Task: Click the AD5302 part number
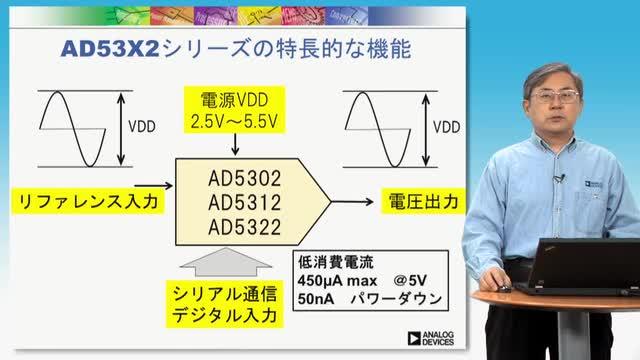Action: pos(244,178)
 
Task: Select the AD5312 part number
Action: pos(244,202)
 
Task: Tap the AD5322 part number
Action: pos(244,227)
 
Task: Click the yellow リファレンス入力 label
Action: pos(88,201)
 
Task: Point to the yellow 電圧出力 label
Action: pos(423,201)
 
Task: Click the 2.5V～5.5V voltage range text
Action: pos(234,122)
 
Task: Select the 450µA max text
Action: pos(337,281)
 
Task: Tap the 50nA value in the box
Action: pos(316,299)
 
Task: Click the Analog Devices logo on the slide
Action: pos(431,338)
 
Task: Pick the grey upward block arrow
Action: pos(226,262)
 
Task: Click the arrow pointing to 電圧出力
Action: pos(352,201)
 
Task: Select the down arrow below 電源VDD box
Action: pos(235,144)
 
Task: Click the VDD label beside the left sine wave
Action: pos(142,127)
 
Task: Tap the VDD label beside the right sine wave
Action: pos(447,127)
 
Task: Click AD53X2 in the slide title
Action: pos(110,49)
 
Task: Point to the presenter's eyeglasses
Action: pos(556,97)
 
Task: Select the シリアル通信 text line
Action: pos(224,294)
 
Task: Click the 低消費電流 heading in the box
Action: pos(336,262)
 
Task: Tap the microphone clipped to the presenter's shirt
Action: pos(559,178)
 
